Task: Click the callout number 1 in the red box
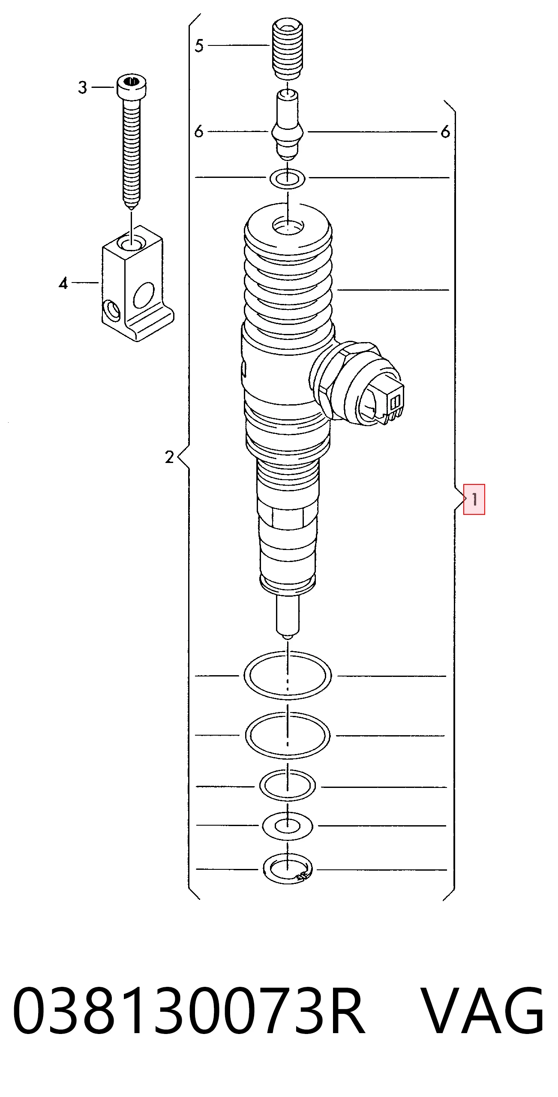click(x=474, y=499)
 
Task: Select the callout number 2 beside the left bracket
click(x=170, y=457)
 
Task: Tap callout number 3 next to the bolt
click(x=83, y=87)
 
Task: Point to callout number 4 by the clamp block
click(x=63, y=283)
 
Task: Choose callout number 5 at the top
click(x=199, y=45)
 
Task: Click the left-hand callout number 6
click(x=198, y=131)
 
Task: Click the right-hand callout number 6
click(x=445, y=132)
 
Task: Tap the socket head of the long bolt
click(x=131, y=87)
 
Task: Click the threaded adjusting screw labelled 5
click(x=288, y=48)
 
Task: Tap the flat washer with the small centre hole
click(x=288, y=826)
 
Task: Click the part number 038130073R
click(x=189, y=1010)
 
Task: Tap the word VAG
click(x=482, y=1010)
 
